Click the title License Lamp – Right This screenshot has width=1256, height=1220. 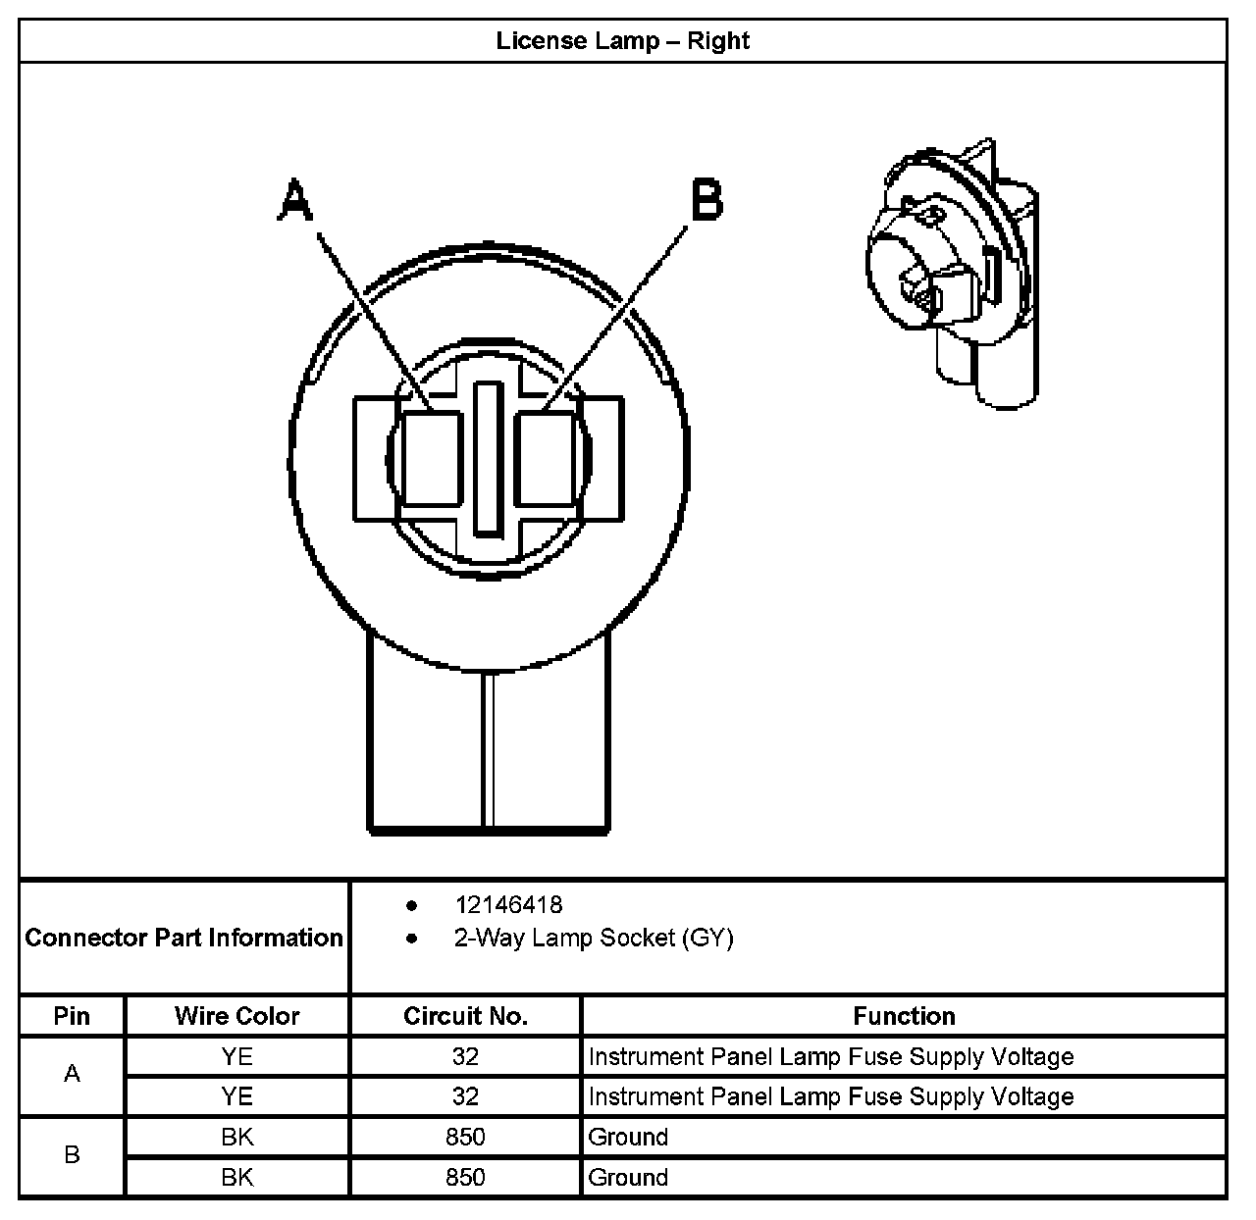coord(622,41)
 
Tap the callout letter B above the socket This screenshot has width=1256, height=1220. coord(706,200)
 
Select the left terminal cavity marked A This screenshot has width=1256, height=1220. coord(432,459)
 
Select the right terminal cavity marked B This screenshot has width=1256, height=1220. coord(544,459)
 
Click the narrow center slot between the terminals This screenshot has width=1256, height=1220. coord(488,459)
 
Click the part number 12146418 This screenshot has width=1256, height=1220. coord(508,905)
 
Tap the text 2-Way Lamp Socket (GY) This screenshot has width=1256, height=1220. coord(593,939)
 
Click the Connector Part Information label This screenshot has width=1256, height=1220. coord(183,938)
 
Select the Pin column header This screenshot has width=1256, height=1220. coord(72,1016)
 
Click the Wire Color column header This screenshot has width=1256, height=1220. coord(236,1016)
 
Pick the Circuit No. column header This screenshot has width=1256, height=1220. coord(465,1016)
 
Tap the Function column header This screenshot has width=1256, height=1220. coord(904,1016)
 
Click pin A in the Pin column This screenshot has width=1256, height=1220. coord(72,1075)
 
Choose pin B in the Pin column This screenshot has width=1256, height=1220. coord(72,1155)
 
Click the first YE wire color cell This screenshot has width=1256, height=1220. coord(236,1056)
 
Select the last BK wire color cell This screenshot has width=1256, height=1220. coord(236,1177)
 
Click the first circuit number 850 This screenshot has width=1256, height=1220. coord(465,1137)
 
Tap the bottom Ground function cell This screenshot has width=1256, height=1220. coord(628,1177)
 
